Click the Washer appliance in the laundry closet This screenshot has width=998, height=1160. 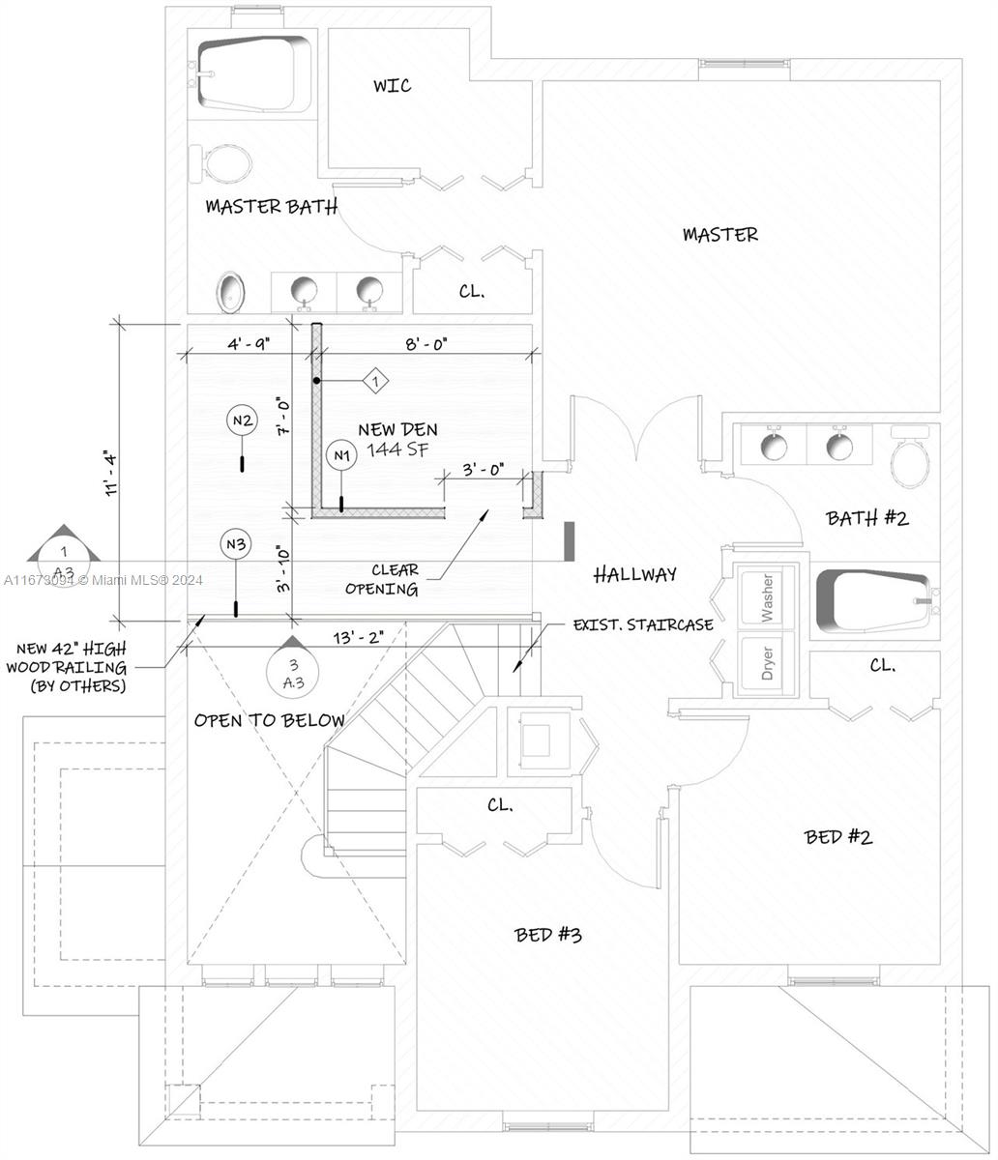(768, 598)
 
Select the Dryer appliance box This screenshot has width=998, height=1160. (768, 664)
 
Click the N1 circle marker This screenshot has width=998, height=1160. (340, 454)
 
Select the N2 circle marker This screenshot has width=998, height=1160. (242, 420)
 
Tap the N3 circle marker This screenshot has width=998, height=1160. (236, 545)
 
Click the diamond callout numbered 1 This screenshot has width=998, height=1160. (375, 382)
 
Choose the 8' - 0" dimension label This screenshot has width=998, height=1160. (425, 342)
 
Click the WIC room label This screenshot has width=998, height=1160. (392, 86)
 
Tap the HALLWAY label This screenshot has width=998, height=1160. (634, 574)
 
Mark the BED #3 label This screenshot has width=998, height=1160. (548, 935)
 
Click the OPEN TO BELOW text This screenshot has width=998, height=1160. (269, 720)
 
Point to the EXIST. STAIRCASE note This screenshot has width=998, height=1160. (643, 624)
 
